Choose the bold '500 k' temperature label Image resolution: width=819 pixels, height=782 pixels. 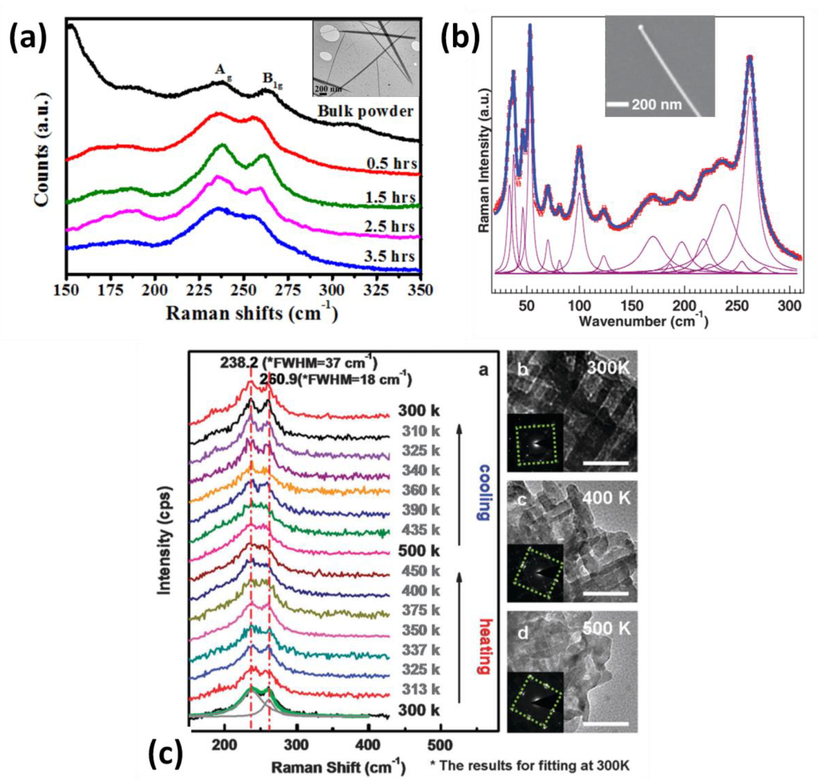coord(419,551)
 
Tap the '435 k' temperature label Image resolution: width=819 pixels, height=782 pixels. coord(421,530)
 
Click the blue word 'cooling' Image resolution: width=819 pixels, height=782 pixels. coord(483,492)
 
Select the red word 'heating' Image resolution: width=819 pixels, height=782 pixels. coord(483,647)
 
